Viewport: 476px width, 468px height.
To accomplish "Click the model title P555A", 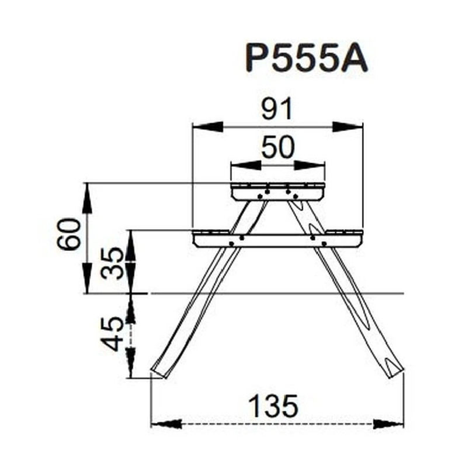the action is pyautogui.click(x=306, y=57).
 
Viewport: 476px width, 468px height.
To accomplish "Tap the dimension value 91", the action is pyautogui.click(x=277, y=109).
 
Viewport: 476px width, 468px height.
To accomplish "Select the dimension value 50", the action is pyautogui.click(x=278, y=147).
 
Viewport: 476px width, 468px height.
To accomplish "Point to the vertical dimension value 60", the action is pyautogui.click(x=70, y=233).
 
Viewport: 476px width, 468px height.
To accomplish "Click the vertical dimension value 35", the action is pyautogui.click(x=112, y=263).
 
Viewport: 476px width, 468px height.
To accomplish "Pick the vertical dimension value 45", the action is pyautogui.click(x=112, y=333).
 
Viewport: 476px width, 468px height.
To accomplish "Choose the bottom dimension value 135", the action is pyautogui.click(x=273, y=406).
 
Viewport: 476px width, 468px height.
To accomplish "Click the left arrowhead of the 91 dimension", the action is pyautogui.click(x=208, y=127).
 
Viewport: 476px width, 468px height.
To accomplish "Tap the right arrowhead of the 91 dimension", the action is pyautogui.click(x=348, y=127).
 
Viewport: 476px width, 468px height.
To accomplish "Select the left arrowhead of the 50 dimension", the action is pyautogui.click(x=246, y=166).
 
